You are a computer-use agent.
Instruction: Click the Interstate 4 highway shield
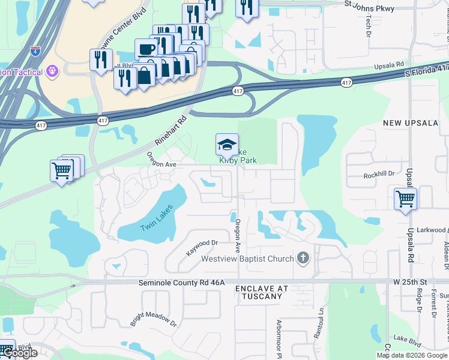pyautogui.click(x=35, y=49)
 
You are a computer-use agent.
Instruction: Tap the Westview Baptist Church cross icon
pyautogui.click(x=303, y=259)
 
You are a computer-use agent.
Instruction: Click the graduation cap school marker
pyautogui.click(x=226, y=145)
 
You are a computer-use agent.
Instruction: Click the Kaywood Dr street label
pyautogui.click(x=201, y=247)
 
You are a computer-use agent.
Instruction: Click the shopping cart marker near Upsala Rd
pyautogui.click(x=406, y=199)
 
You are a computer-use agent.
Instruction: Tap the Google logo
pyautogui.click(x=20, y=353)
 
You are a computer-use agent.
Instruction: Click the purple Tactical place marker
pyautogui.click(x=53, y=72)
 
